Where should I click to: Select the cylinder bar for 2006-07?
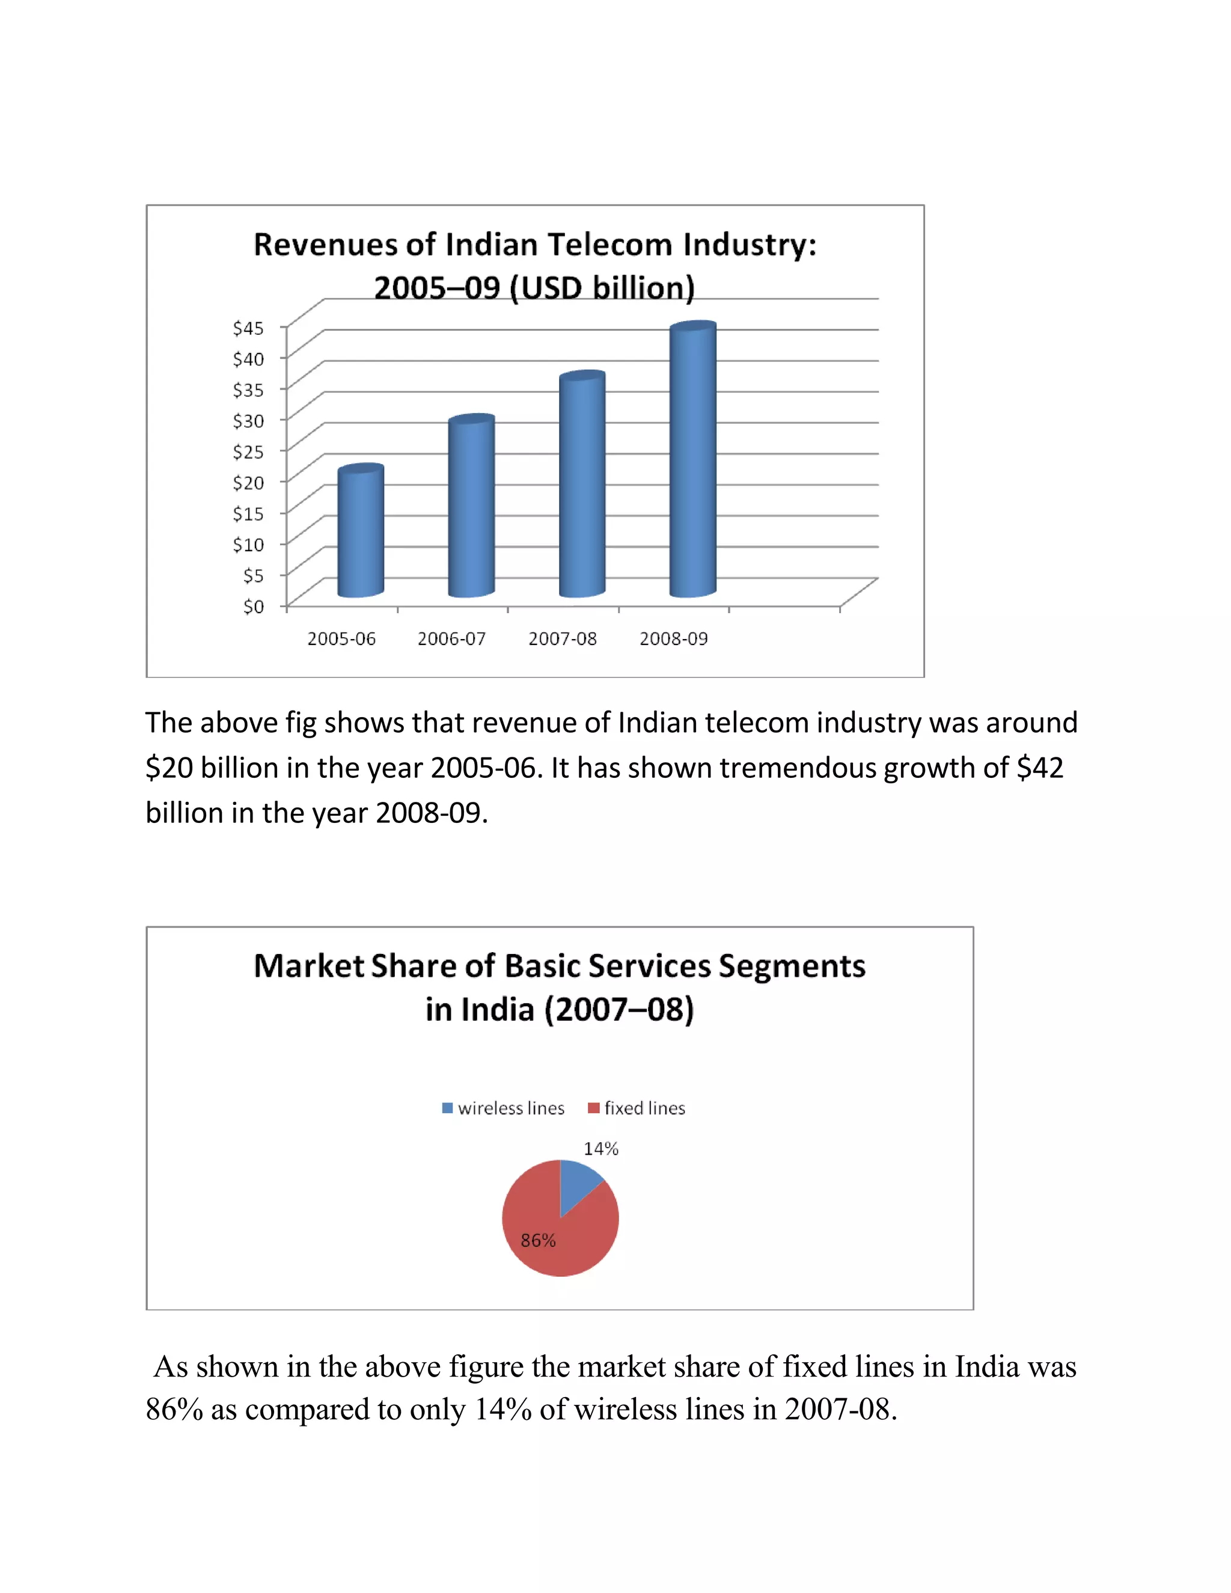coord(471,506)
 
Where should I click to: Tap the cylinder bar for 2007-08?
coord(582,485)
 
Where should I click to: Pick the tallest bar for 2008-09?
coord(693,459)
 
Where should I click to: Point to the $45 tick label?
coord(248,328)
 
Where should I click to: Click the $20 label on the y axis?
coord(248,482)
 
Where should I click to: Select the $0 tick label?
coord(253,606)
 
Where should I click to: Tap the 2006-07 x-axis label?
coord(451,639)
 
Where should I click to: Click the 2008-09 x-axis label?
coord(673,639)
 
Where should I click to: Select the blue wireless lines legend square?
coord(448,1108)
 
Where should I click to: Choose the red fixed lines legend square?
coord(594,1108)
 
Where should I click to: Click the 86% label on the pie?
coord(538,1241)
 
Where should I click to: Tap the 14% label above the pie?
coord(601,1149)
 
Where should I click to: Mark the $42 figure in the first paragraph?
coord(1040,768)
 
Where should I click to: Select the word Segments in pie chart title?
coord(792,967)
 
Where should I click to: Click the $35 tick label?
coord(248,390)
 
